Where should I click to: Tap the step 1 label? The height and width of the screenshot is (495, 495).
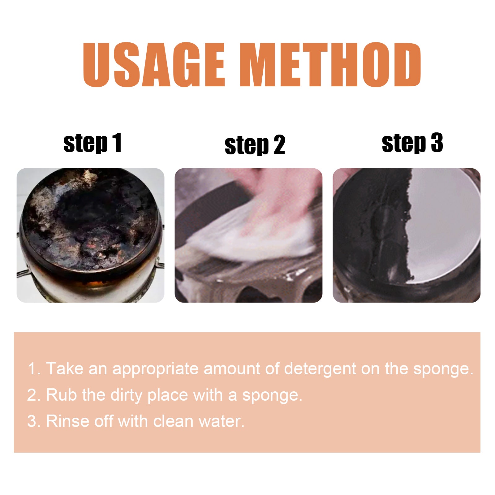pyautogui.click(x=92, y=143)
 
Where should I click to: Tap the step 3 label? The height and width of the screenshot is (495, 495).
pyautogui.click(x=412, y=143)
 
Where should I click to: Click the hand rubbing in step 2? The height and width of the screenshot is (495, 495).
pyautogui.click(x=272, y=198)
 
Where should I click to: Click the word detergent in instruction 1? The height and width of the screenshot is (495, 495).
pyautogui.click(x=320, y=369)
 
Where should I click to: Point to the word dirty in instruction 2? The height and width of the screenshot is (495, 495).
pyautogui.click(x=126, y=395)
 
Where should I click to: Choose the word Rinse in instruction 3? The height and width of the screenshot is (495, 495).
pyautogui.click(x=68, y=421)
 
